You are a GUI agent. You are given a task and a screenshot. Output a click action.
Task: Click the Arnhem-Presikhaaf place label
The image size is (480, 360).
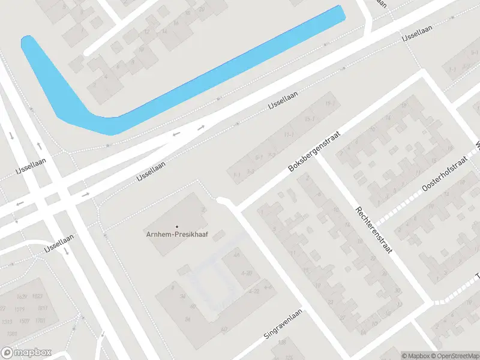177,234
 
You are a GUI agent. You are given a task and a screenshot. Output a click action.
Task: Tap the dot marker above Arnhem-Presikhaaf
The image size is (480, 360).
177,226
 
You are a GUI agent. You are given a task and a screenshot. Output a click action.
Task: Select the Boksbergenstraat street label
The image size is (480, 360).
314,152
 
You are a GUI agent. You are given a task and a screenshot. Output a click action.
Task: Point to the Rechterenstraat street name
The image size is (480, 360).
373,230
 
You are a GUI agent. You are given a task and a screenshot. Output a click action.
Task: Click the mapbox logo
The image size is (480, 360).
26,353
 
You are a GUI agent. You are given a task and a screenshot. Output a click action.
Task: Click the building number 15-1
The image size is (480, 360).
310,119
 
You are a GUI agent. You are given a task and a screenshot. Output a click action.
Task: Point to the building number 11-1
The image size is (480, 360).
289,134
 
